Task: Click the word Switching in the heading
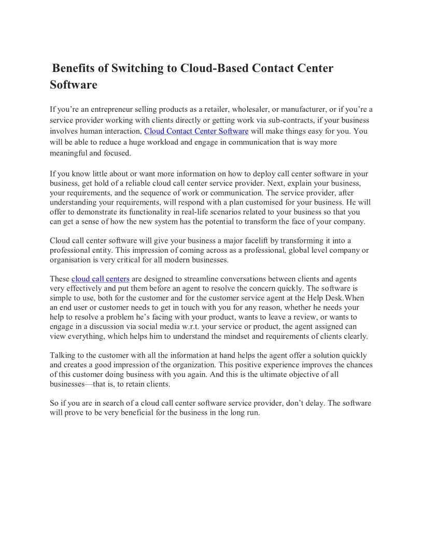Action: point(138,68)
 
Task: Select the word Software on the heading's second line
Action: point(74,85)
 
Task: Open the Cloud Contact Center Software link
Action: point(196,131)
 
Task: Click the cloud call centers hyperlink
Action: point(100,279)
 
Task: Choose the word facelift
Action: point(238,240)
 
